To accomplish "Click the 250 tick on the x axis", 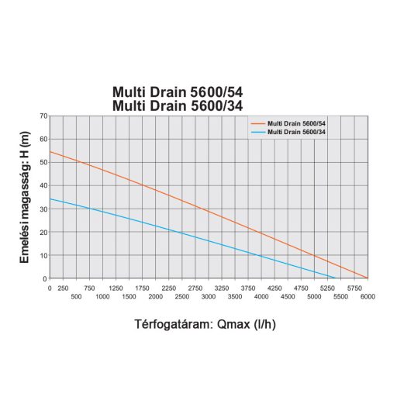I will pyautogui.click(x=63, y=287).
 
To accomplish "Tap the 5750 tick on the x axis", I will pyautogui.click(x=354, y=287).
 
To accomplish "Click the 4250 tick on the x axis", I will pyautogui.click(x=274, y=287).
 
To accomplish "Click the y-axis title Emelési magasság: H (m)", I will pyautogui.click(x=25, y=197).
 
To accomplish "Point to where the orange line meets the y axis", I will pyautogui.click(x=50, y=151).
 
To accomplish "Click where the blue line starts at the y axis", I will pyautogui.click(x=50, y=198).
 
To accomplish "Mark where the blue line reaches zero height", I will pyautogui.click(x=336, y=278).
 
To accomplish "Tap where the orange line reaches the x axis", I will pyautogui.click(x=368, y=278).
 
